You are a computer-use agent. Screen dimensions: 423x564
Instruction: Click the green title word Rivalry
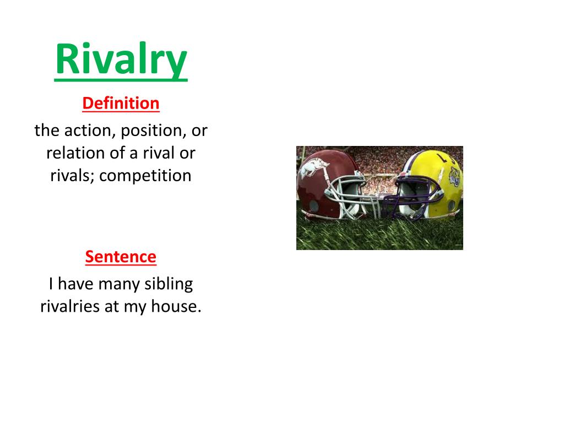(x=121, y=60)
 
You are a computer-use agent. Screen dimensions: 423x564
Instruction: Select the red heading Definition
(x=121, y=103)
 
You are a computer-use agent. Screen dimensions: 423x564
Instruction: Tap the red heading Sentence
(x=121, y=256)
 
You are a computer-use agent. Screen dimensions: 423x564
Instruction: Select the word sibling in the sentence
(x=169, y=284)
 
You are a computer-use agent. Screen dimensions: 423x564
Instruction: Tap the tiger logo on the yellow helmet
(x=455, y=177)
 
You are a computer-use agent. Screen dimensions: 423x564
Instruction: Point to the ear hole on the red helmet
(x=313, y=205)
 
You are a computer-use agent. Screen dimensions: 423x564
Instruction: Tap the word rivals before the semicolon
(x=62, y=176)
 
